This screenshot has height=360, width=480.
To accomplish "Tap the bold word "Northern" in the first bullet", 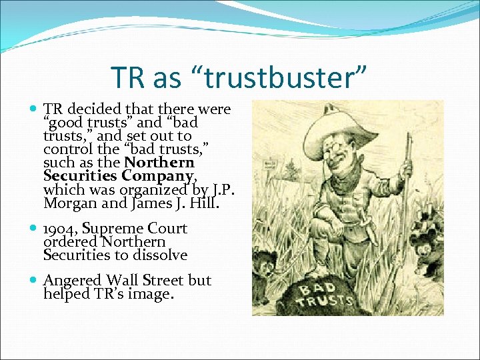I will tap(159, 162).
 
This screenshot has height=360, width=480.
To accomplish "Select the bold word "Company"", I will tap(155, 175).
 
